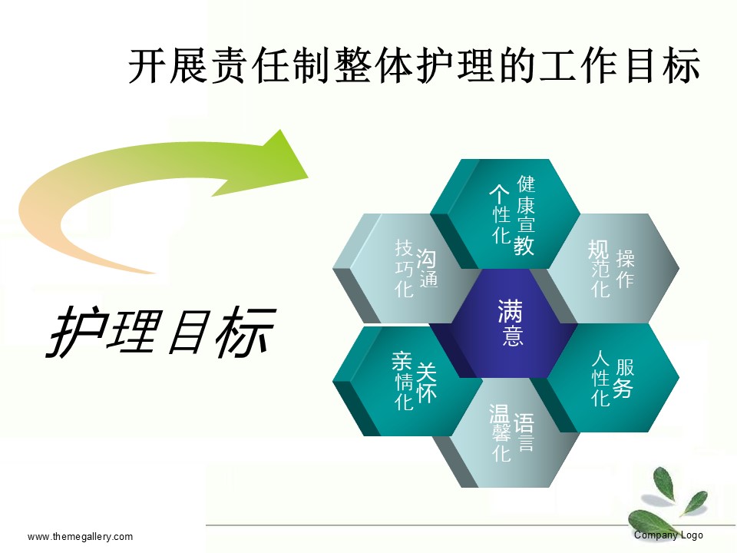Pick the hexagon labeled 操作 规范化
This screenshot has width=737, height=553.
click(611, 268)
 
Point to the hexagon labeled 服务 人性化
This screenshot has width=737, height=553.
click(611, 378)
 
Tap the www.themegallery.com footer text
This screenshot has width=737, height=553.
click(80, 537)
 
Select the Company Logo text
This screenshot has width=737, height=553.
click(669, 535)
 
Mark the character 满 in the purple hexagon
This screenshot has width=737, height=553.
click(510, 311)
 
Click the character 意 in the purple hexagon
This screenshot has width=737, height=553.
click(512, 336)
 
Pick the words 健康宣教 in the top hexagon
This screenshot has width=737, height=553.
click(526, 215)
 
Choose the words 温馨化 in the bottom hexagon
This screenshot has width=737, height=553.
click(500, 432)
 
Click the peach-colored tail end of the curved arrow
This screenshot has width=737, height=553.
click(154, 272)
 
